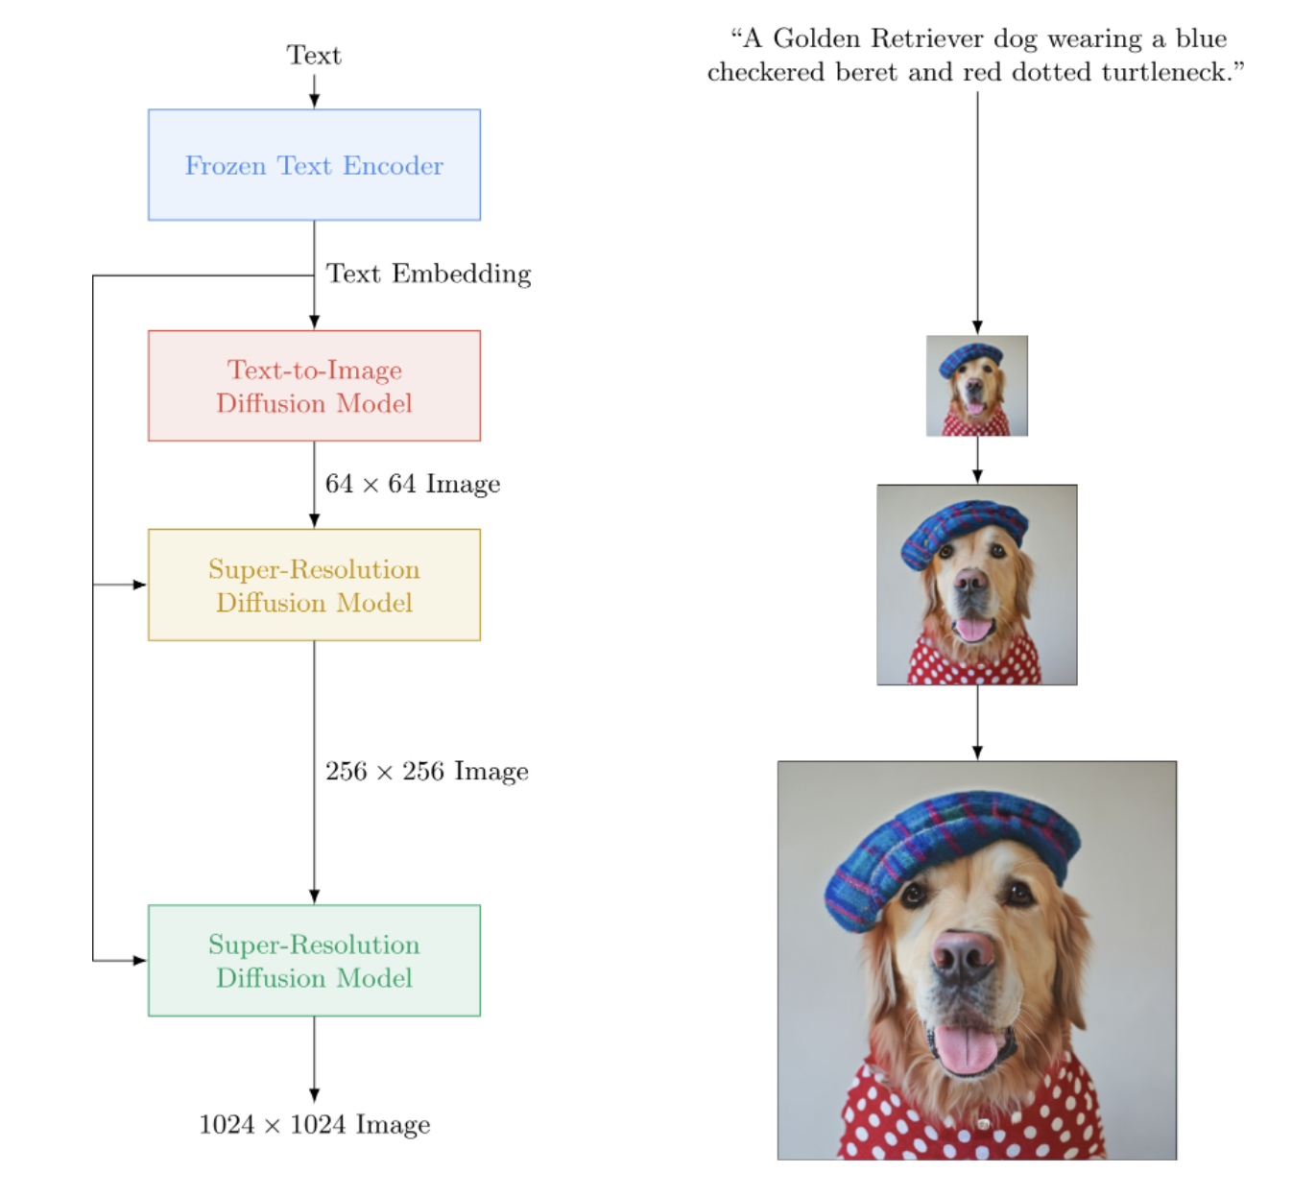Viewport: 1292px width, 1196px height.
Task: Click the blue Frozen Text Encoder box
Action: click(x=314, y=165)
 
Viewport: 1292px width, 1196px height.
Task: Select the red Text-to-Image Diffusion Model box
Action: click(x=314, y=386)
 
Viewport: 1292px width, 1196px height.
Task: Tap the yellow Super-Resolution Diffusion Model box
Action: click(x=314, y=585)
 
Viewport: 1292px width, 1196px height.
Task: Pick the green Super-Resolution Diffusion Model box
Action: click(x=314, y=960)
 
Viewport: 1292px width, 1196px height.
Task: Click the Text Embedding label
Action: click(x=428, y=275)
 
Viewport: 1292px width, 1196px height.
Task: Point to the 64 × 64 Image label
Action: click(x=413, y=484)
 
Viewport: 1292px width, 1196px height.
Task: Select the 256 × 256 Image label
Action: click(x=427, y=772)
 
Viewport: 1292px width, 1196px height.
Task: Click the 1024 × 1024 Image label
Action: click(x=314, y=1125)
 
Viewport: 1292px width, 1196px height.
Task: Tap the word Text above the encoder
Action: click(x=314, y=56)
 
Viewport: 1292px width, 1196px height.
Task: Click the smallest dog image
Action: click(x=977, y=386)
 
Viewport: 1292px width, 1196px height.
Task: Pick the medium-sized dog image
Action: click(x=977, y=585)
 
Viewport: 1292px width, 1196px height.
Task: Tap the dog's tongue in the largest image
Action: click(x=967, y=1048)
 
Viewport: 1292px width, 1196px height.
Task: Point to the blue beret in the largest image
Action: click(x=950, y=845)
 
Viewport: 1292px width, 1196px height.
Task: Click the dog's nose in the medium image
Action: click(x=970, y=580)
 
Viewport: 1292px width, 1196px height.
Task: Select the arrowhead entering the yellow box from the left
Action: click(x=140, y=585)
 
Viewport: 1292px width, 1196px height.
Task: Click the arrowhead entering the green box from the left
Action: click(x=140, y=960)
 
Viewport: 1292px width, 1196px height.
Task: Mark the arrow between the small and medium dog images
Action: click(x=977, y=461)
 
